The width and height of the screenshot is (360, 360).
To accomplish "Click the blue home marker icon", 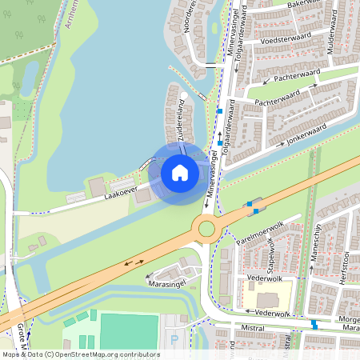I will click(x=180, y=172).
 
